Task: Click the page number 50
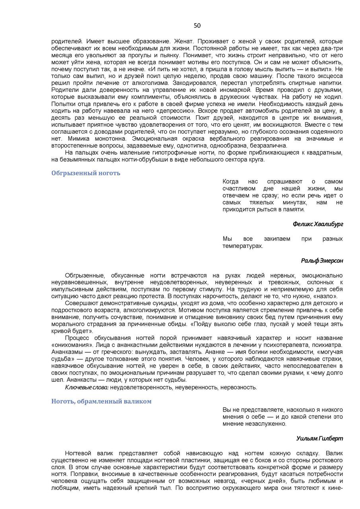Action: (197, 26)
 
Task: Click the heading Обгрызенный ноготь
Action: (86, 173)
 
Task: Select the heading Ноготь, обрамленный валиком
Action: (101, 401)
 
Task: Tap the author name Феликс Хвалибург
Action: (318, 224)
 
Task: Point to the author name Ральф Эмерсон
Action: (322, 260)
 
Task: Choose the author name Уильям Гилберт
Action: (319, 438)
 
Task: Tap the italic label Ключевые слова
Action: (87, 387)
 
